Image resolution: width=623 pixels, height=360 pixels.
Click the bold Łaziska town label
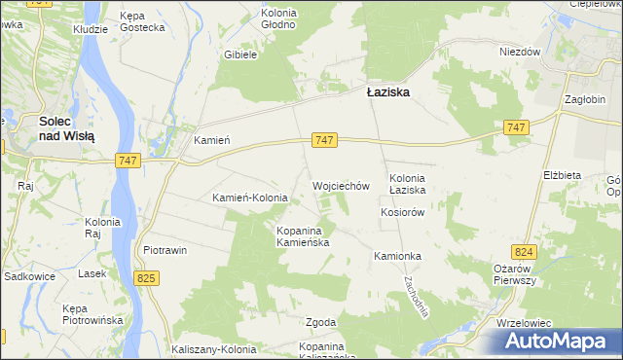(387, 92)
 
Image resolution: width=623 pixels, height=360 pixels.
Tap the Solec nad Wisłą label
(66, 129)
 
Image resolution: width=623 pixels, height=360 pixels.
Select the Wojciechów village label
(341, 185)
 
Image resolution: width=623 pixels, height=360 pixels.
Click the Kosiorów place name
(405, 212)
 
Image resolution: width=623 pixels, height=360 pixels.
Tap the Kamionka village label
(396, 256)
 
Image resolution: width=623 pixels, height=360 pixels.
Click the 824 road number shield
(527, 250)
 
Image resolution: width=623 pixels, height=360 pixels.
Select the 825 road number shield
(146, 279)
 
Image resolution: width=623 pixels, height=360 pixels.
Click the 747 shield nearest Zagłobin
(517, 127)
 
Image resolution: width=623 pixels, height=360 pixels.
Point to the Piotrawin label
(165, 250)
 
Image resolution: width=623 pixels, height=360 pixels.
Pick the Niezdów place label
(519, 53)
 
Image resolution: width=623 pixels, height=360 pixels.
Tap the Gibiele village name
(239, 55)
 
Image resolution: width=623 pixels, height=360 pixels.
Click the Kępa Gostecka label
(144, 22)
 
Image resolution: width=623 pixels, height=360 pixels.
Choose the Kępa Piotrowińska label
(91, 314)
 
